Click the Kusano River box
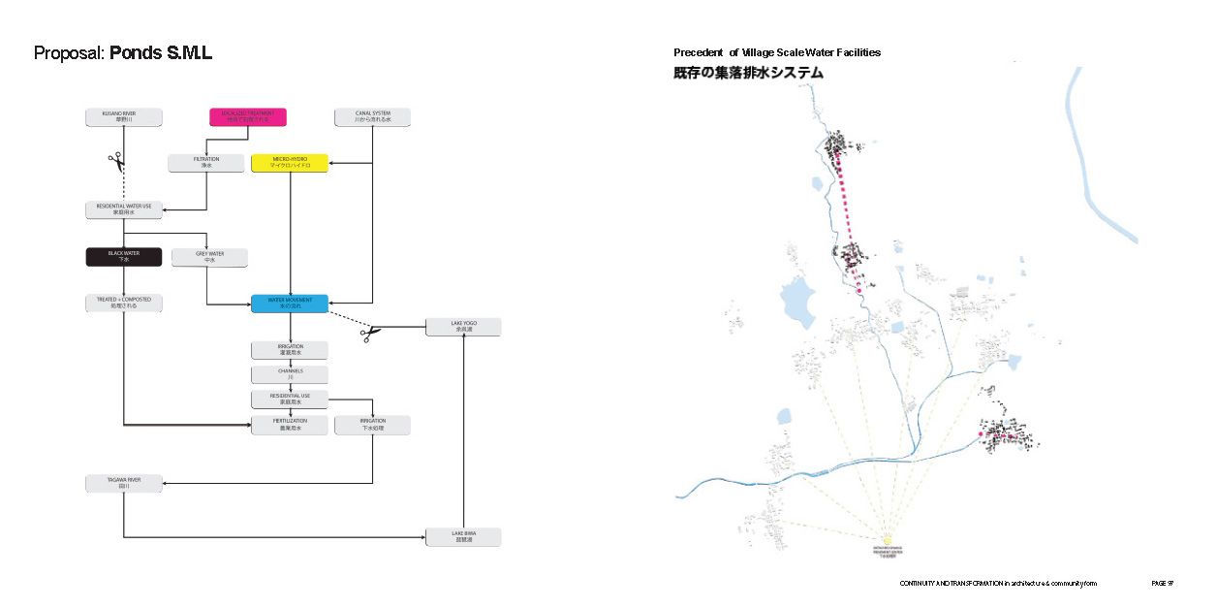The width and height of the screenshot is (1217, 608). (123, 117)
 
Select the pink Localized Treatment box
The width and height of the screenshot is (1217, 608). (248, 117)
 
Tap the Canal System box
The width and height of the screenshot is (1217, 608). (372, 117)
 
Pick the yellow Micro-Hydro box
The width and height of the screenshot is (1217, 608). (289, 163)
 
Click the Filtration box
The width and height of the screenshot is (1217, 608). (205, 163)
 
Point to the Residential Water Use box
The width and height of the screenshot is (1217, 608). (124, 210)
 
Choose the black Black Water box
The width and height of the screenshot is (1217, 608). (123, 257)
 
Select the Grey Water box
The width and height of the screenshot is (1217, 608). (208, 257)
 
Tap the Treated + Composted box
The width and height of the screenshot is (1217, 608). (123, 304)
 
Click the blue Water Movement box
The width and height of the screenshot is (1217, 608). (289, 304)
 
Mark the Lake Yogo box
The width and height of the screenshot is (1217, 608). (463, 327)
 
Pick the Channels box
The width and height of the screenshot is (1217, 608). (289, 374)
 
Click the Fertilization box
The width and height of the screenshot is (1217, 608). (289, 425)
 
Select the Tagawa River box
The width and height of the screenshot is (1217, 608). (124, 483)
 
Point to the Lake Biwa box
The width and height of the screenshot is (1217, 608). (463, 537)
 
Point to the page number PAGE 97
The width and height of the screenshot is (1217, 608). (1162, 583)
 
